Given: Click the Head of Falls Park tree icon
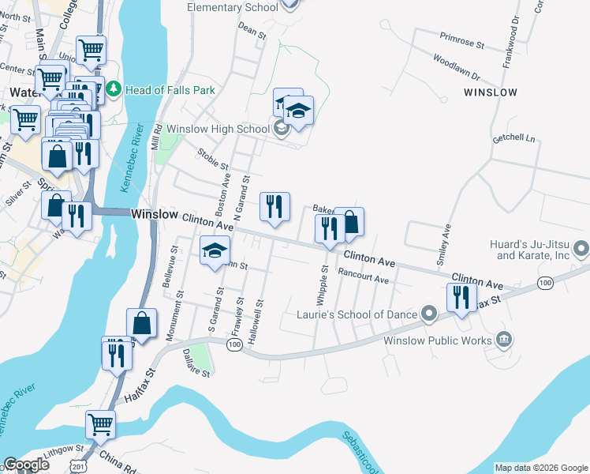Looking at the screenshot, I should click(114, 90).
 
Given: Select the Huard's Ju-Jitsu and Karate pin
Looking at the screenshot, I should click(581, 250).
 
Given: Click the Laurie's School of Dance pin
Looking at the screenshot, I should click(429, 314).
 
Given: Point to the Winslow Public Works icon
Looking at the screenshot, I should click(504, 341).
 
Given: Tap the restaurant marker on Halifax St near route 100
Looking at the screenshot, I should click(461, 298).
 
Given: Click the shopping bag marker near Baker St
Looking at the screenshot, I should click(349, 222).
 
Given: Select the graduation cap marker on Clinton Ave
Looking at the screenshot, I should click(214, 252).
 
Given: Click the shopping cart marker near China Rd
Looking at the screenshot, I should click(101, 425).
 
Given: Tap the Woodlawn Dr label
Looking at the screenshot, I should click(456, 66).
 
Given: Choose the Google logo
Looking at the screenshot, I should click(26, 465).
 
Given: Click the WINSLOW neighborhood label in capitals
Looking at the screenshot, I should click(491, 92).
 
